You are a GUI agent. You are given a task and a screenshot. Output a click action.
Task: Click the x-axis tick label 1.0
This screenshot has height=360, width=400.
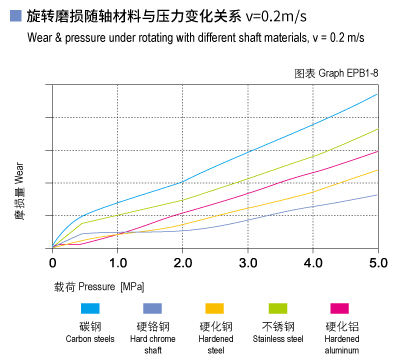pos(117,263)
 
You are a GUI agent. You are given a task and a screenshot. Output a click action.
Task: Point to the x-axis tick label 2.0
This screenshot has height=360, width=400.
pos(182,263)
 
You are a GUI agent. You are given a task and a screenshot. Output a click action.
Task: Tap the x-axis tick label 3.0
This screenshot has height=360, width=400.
pos(247,263)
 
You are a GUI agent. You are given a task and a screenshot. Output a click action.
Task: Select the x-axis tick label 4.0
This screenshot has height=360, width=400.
pos(312,263)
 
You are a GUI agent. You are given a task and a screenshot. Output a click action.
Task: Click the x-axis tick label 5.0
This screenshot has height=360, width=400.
pos(377,263)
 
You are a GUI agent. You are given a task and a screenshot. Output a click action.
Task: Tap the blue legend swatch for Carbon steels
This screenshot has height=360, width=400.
pos(90,307)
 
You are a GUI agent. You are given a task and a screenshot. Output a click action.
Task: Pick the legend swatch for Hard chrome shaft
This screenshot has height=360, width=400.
pos(152,307)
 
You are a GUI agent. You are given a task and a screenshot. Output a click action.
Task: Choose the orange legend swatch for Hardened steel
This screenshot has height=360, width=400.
pos(215,307)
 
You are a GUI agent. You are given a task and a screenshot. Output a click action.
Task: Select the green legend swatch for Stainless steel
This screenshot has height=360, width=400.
pos(277,307)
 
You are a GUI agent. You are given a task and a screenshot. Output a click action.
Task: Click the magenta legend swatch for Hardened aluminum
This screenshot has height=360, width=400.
pos(340,307)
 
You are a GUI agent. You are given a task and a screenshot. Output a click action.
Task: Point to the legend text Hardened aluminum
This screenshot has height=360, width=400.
pos(340,344)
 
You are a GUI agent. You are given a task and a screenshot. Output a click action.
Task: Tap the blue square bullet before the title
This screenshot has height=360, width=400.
pos(13,16)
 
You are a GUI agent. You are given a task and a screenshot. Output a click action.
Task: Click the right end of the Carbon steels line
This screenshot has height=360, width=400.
pos(377,94)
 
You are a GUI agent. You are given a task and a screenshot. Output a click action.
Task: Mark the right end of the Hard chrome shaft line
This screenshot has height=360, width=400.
pos(377,194)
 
